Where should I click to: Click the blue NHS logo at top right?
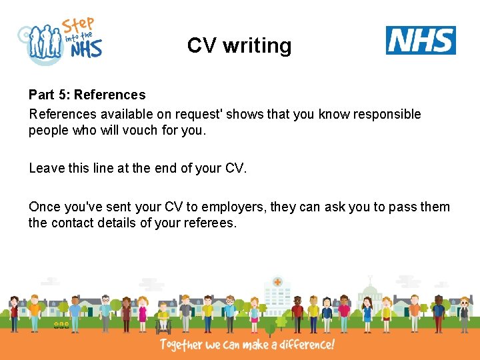(x=421, y=41)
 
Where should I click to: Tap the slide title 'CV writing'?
(x=239, y=45)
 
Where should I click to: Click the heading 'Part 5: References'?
(x=87, y=95)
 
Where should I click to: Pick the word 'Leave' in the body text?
(x=46, y=169)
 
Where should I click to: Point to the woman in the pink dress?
(x=142, y=314)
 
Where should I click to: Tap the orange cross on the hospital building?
(x=277, y=282)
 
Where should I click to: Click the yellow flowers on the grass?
(x=61, y=325)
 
